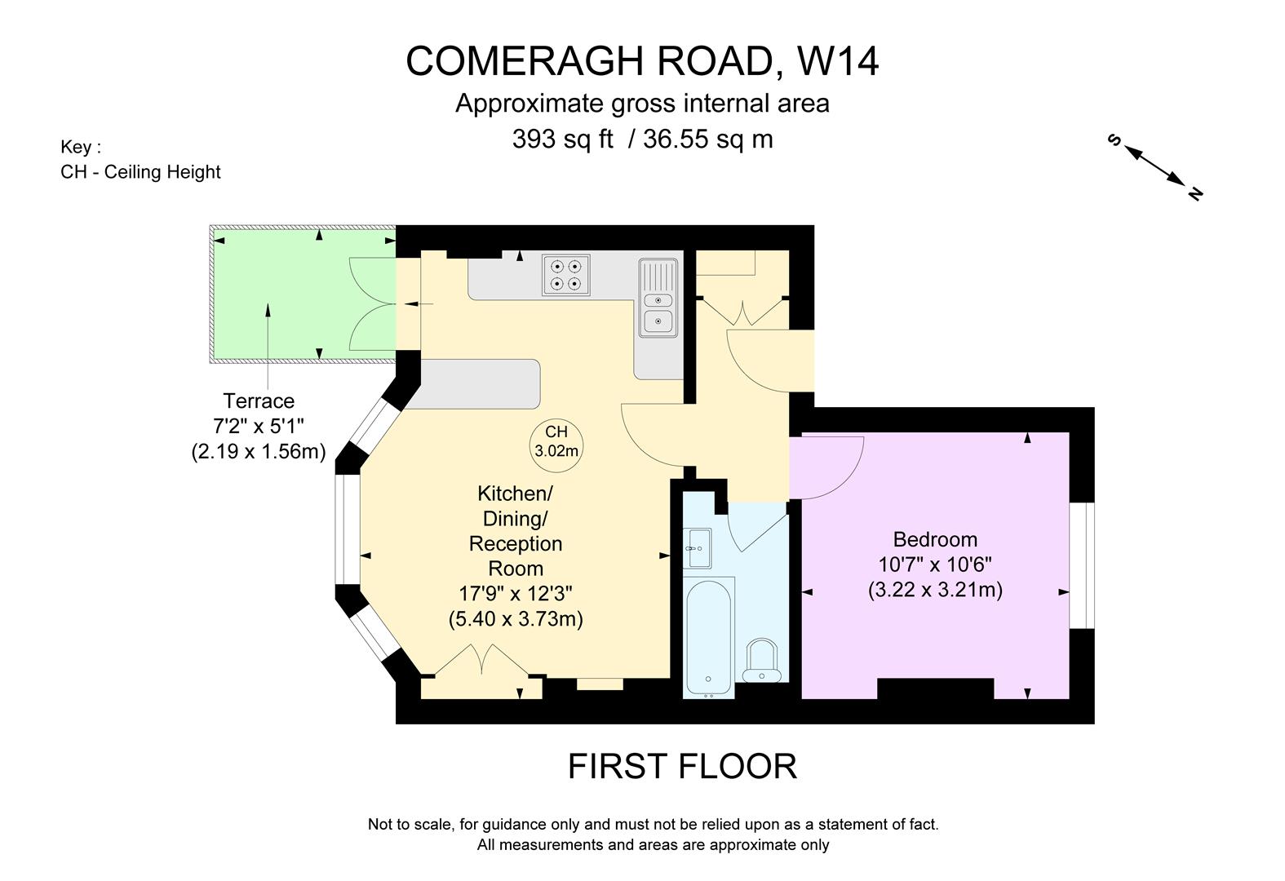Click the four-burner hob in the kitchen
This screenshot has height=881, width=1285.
pos(566,275)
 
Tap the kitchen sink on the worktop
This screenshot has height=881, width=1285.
pos(658,299)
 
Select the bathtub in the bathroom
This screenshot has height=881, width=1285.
pos(708,636)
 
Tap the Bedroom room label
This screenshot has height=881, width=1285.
pos(935,539)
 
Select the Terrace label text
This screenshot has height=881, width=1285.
pos(259,401)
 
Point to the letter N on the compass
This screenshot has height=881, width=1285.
pos(1195,193)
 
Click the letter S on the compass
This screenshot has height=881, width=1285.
pos(1114,140)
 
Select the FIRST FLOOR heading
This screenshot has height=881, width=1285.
pos(682,766)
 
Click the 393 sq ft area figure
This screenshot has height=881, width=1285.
pos(562,139)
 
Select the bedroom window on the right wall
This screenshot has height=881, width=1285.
pos(1082,564)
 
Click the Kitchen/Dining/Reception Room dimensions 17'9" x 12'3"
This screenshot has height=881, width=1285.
pos(516,593)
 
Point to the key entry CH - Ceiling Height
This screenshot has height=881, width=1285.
pos(140,172)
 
